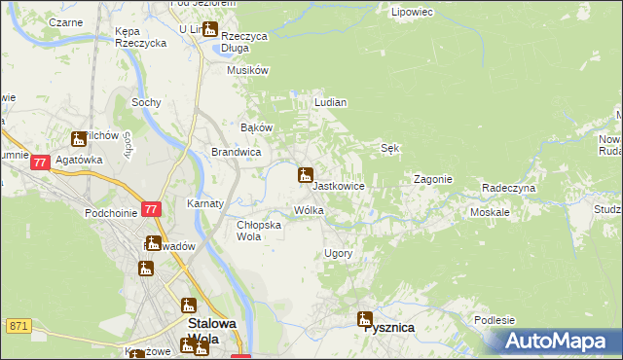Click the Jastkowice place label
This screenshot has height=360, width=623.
click(x=339, y=186)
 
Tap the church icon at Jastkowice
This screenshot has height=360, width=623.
click(x=305, y=176)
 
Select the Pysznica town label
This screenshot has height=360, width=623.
click(x=388, y=328)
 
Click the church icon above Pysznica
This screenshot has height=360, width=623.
click(x=365, y=318)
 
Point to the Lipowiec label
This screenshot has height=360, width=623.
click(x=411, y=13)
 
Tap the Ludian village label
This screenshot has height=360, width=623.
click(x=331, y=102)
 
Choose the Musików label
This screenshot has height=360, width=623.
click(x=247, y=70)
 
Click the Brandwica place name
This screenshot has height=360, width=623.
click(x=236, y=153)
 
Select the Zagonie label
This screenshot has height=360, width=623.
click(x=432, y=180)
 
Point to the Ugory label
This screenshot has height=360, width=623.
click(x=338, y=253)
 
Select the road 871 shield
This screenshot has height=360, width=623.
click(x=18, y=326)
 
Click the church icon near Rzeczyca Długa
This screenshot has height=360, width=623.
click(x=209, y=29)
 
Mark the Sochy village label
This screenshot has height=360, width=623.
click(x=146, y=102)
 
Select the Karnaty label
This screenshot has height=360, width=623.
click(x=206, y=204)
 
